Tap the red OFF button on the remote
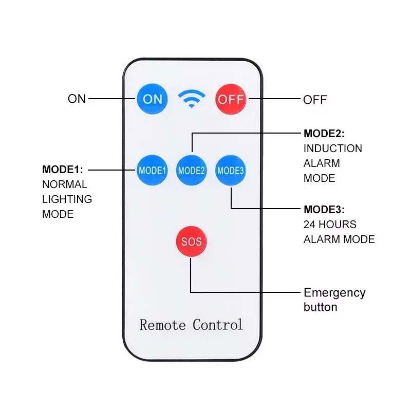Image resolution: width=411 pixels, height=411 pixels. click(231, 99)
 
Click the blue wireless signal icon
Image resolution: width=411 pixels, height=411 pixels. click(192, 99)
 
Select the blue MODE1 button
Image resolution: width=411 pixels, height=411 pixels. click(152, 171)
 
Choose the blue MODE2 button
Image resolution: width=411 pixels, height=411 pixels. click(191, 171)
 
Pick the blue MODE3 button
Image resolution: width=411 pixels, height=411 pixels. click(231, 171)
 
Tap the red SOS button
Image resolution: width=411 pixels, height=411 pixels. click(191, 241)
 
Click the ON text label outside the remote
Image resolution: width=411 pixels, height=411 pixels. click(77, 99)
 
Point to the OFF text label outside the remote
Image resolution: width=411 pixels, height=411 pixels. click(315, 100)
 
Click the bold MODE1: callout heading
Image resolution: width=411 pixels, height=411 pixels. click(63, 170)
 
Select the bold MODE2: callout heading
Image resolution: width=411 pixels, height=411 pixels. click(324, 134)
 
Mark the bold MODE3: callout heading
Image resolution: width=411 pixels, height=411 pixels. click(324, 210)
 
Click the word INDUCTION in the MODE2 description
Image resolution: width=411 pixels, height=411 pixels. click(333, 148)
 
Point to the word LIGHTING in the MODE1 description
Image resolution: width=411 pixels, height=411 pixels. click(67, 199)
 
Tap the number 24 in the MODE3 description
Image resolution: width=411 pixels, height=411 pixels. click(309, 225)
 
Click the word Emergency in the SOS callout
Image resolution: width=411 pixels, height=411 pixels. click(334, 293)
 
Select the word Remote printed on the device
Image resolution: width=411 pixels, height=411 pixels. click(162, 325)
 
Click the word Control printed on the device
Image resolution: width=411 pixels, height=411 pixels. click(217, 325)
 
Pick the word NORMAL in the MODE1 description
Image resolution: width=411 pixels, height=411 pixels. click(65, 184)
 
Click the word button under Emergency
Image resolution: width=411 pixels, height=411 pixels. click(320, 307)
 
